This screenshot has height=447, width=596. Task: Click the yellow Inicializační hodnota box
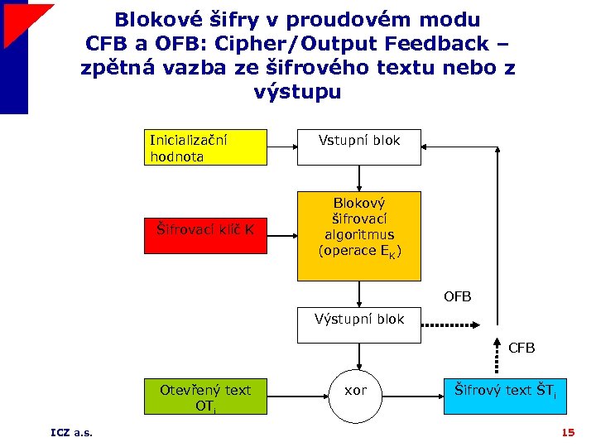tap(206, 147)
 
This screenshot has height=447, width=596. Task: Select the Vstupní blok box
tap(359, 147)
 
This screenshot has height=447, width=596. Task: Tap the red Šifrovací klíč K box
tap(206, 229)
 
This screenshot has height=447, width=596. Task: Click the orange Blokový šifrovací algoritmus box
tap(359, 236)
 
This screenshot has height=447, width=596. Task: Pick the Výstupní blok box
tap(359, 325)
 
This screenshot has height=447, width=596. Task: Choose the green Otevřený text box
tap(206, 396)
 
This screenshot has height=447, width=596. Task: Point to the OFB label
tap(458, 296)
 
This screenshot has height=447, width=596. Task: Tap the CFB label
tap(521, 348)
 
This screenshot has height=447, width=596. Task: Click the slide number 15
tap(568, 433)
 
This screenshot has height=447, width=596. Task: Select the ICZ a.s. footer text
tap(71, 433)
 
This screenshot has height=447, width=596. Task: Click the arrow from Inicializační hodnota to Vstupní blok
tap(282, 147)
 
